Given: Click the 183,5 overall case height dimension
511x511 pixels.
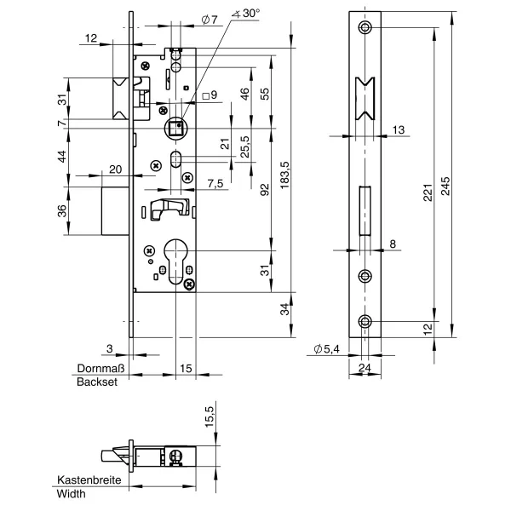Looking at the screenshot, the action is click(x=284, y=175).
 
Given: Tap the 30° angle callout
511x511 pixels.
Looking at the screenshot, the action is click(x=246, y=14).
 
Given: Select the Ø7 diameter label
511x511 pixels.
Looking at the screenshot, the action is click(x=210, y=20).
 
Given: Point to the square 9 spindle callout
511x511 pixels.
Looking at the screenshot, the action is click(x=210, y=95).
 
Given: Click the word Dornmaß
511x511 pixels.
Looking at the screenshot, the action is click(x=100, y=368).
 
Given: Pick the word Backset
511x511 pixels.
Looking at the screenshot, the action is click(x=97, y=382).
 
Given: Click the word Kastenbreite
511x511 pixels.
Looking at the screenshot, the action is click(x=89, y=480).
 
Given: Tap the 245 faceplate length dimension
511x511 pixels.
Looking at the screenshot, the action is click(x=445, y=186).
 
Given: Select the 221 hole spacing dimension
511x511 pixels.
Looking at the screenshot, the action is click(x=428, y=193).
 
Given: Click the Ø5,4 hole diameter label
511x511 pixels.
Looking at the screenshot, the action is click(x=326, y=349).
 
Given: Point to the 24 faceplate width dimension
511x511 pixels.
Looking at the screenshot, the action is click(x=365, y=368).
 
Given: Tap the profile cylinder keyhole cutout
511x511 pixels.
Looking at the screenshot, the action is click(x=175, y=261).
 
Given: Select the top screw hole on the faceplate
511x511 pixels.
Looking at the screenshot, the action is click(x=365, y=27).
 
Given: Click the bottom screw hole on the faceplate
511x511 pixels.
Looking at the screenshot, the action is click(x=365, y=322).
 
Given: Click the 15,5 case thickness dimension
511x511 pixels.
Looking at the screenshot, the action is click(x=209, y=416).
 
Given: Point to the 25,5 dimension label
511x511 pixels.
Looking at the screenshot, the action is click(x=244, y=146).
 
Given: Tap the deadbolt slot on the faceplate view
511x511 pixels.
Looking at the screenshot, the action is click(x=365, y=210).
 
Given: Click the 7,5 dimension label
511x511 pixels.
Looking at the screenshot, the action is click(x=215, y=184).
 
